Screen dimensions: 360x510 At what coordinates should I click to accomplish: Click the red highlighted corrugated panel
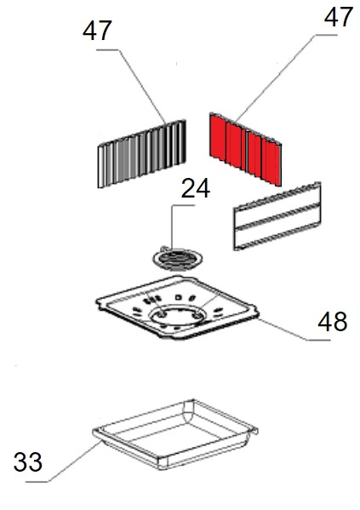click(x=245, y=149)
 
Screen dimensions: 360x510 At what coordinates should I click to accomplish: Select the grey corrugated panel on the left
click(x=142, y=154)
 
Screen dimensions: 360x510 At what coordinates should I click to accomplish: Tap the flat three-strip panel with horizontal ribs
click(x=277, y=216)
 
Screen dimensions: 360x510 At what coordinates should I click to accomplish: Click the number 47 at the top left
click(x=97, y=31)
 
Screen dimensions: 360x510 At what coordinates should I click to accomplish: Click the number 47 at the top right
click(x=339, y=17)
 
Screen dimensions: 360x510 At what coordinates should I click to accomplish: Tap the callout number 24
click(x=196, y=188)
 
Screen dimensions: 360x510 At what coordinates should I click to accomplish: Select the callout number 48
click(x=333, y=321)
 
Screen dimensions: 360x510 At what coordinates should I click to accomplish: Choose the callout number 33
click(x=28, y=461)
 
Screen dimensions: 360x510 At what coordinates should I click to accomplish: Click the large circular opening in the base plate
click(x=178, y=315)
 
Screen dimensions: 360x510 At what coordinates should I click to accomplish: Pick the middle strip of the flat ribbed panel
click(x=277, y=216)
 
